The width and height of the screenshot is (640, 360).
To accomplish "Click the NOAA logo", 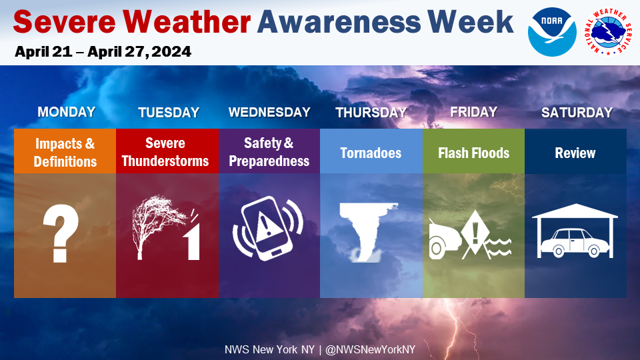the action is point(552,32).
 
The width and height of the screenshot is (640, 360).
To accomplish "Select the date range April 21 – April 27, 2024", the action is point(103,52).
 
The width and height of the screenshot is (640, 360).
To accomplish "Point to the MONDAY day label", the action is point(67,112).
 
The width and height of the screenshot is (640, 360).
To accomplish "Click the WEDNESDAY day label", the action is point(269,112).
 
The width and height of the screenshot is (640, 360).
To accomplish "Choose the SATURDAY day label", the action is point(577,112).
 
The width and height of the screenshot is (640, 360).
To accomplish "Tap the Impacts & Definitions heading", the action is point(65,152).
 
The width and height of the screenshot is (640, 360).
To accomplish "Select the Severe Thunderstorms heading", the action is point(165,152).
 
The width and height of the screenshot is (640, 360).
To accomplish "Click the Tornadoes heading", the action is point(371,153).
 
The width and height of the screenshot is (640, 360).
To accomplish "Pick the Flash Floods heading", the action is point(473,153).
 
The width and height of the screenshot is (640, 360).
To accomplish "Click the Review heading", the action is point(575,153).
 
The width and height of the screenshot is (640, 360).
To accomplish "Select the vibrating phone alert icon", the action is point(268,229).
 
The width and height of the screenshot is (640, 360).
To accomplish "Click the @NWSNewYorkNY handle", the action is point(370,350).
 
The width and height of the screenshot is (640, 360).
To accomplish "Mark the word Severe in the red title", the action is point(65,22).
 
